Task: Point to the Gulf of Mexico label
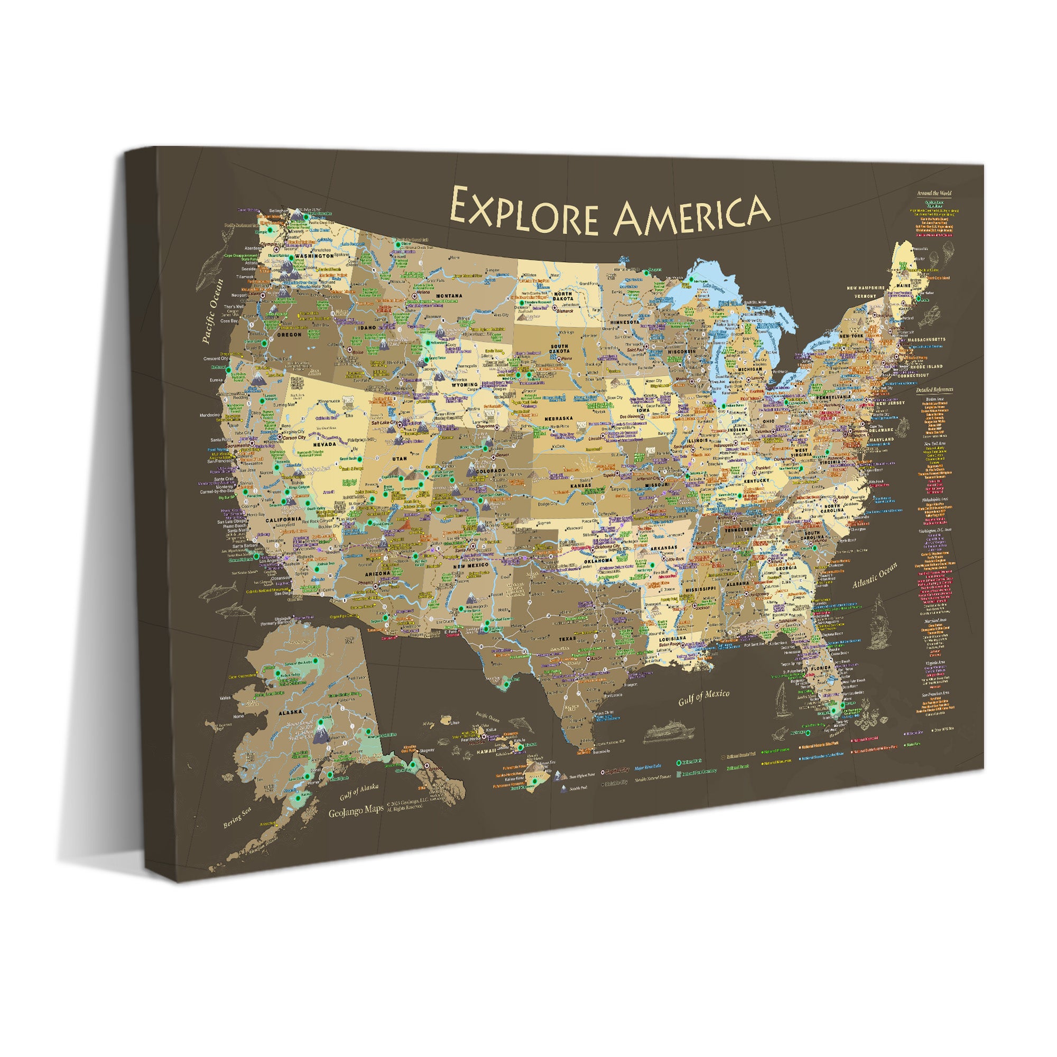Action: (703, 697)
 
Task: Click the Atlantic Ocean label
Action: (875, 576)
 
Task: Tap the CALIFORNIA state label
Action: (283, 519)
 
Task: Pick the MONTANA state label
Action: (449, 296)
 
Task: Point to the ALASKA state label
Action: (290, 712)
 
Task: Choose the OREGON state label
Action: (289, 335)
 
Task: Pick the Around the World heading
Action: (934, 193)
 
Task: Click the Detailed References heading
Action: (934, 390)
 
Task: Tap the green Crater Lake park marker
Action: (265, 343)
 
